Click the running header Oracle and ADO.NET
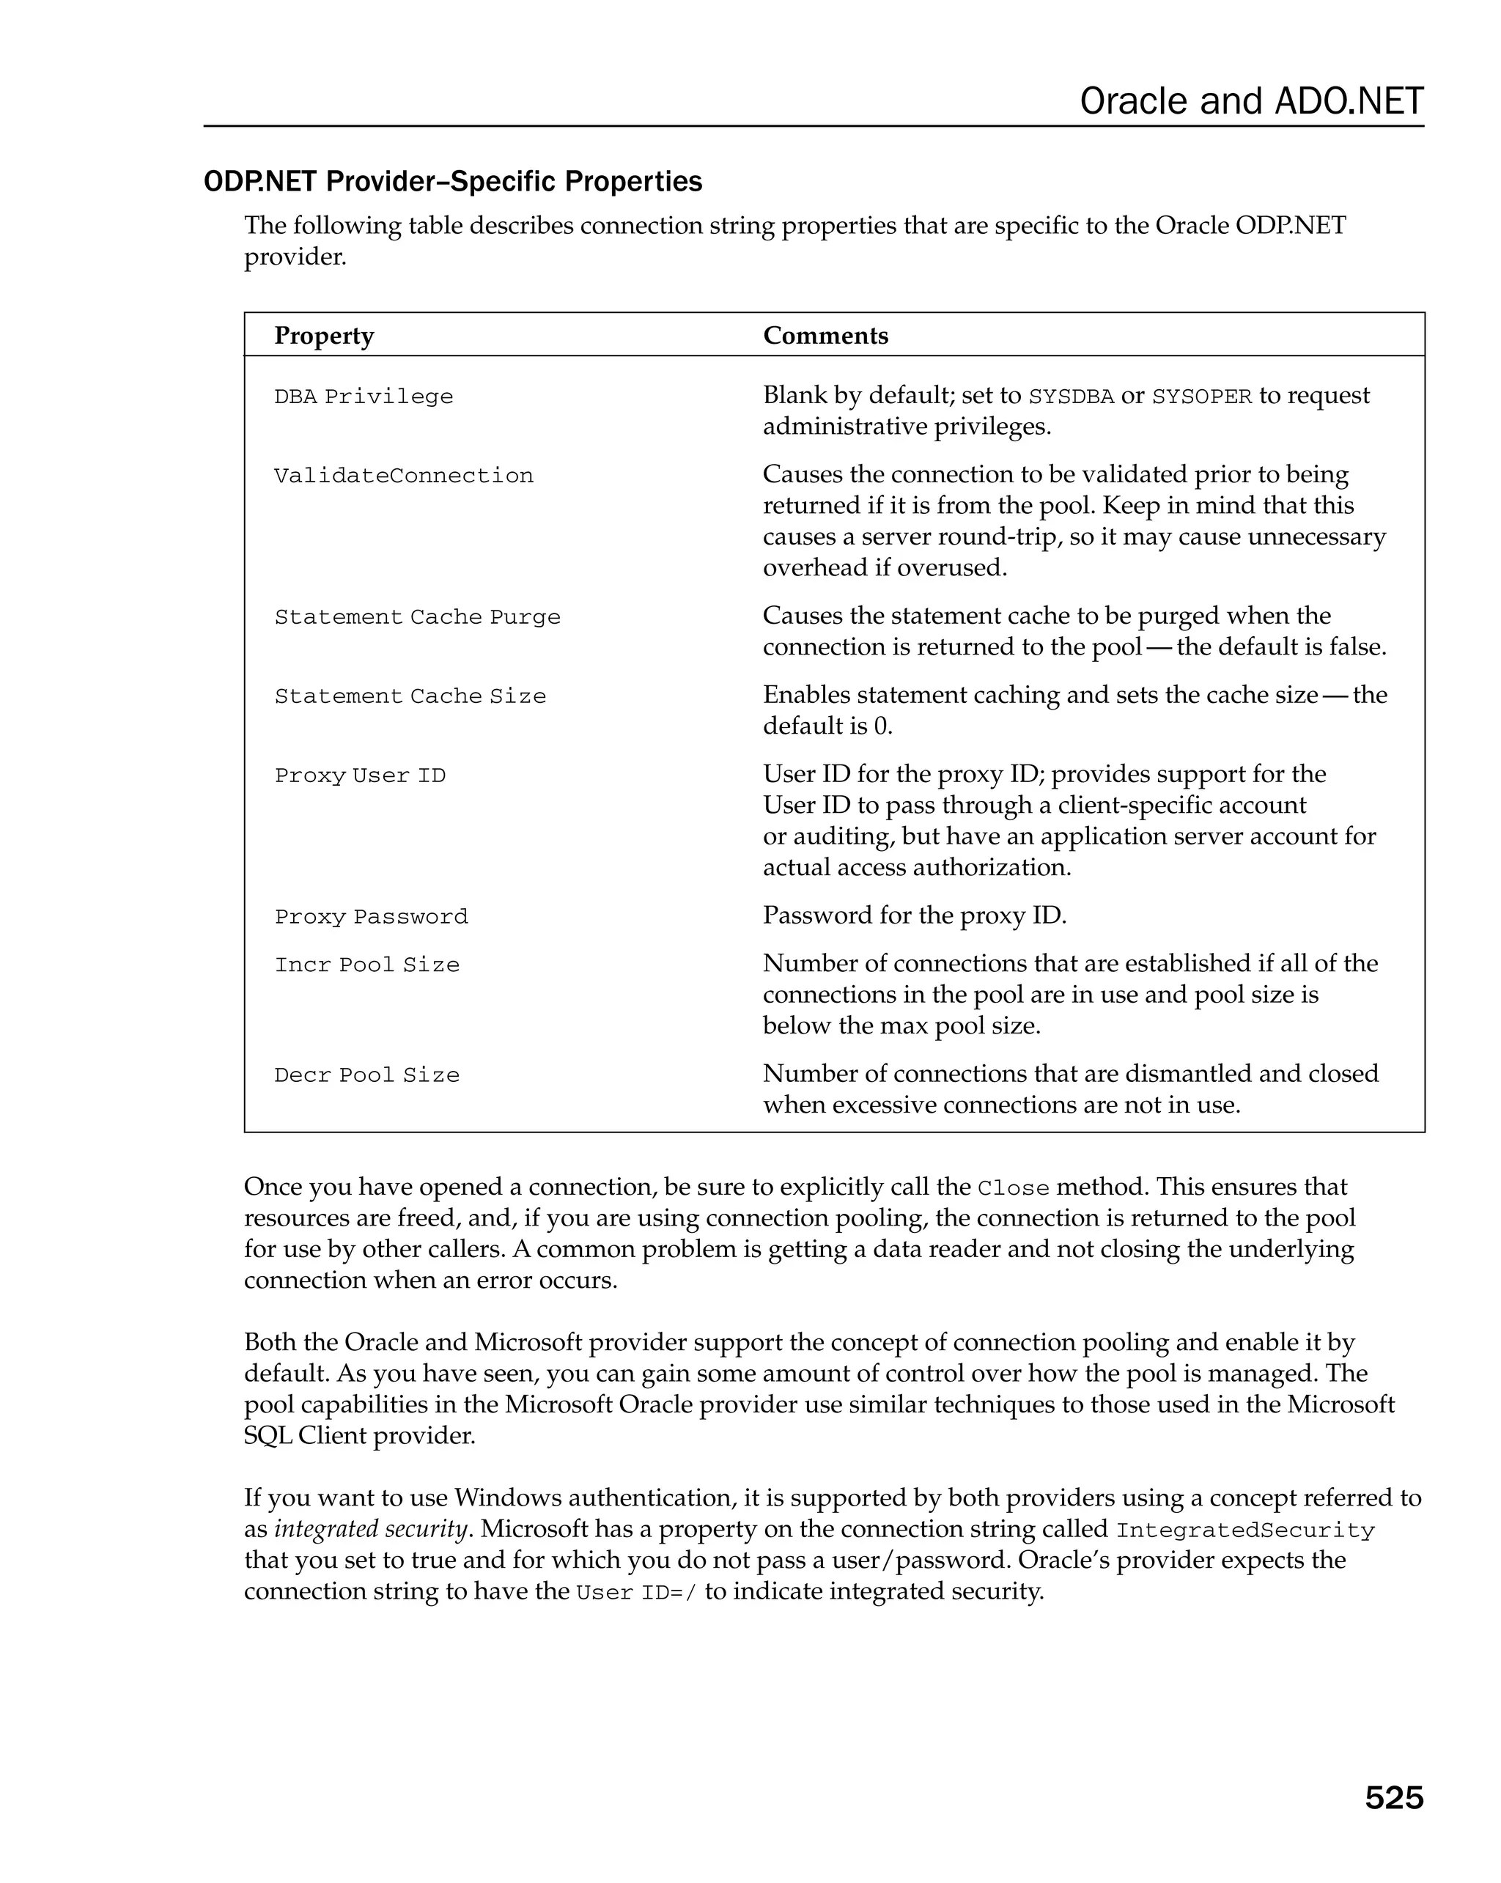(1250, 101)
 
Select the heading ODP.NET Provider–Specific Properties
(452, 182)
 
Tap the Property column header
(324, 336)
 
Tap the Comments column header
(825, 336)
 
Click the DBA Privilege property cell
(364, 397)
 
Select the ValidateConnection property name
(403, 476)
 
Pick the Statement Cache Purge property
(417, 617)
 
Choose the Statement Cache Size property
(410, 697)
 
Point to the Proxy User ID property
(360, 775)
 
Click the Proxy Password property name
(371, 917)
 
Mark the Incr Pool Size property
(366, 965)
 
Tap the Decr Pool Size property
(366, 1075)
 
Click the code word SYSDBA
(1071, 397)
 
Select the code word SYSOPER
(1201, 397)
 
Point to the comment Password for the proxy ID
(914, 915)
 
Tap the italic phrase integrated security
(371, 1529)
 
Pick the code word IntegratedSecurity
(1245, 1531)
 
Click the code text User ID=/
(637, 1593)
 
